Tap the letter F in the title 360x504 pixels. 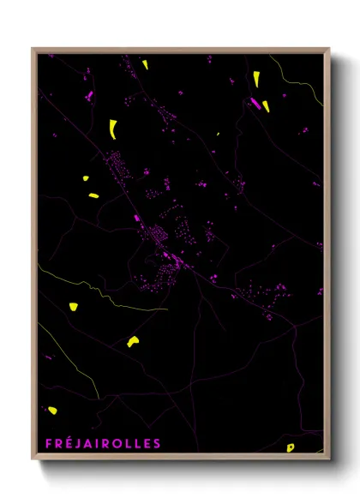tap(48, 443)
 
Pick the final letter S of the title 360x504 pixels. tap(156, 443)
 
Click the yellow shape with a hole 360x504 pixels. tap(291, 447)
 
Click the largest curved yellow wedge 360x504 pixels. tap(113, 129)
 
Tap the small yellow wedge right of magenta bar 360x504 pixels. tap(266, 106)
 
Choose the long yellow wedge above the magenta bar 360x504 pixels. tap(256, 78)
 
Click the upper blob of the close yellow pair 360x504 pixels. tap(85, 179)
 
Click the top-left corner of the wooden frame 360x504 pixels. tap(33, 49)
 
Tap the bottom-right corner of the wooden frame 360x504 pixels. tap(329, 461)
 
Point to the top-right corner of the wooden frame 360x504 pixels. tap(329, 49)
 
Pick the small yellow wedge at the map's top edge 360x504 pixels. tap(145, 64)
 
